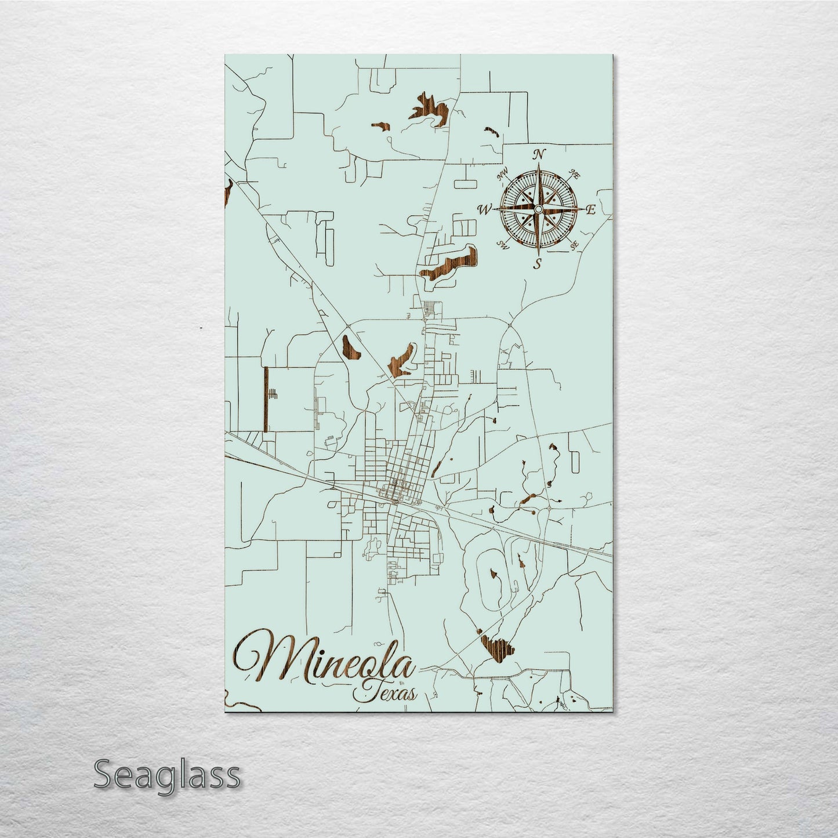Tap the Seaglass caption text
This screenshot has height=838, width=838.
tap(166, 774)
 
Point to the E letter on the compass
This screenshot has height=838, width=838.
tap(591, 210)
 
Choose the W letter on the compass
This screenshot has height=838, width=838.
tap(484, 209)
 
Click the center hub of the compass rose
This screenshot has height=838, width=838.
tap(539, 209)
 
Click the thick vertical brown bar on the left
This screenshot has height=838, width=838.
tap(266, 400)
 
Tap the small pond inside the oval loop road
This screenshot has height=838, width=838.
tap(495, 574)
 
